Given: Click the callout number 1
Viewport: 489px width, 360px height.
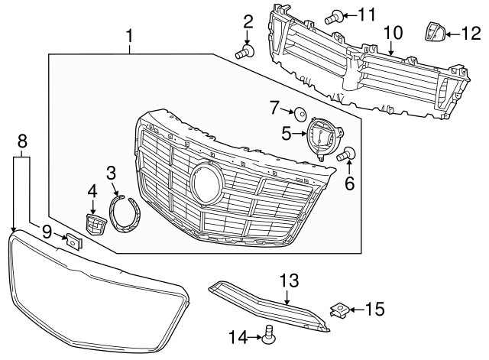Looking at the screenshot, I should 129,36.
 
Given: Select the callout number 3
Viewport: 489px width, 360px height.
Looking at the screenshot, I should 111,174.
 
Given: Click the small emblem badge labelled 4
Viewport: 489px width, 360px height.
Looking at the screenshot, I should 93,225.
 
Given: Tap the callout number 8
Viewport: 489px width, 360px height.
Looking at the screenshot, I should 22,140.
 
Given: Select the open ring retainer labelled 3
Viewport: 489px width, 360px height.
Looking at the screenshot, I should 124,214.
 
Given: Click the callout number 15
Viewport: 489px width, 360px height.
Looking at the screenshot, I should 374,309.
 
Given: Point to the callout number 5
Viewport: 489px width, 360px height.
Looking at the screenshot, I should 287,134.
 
